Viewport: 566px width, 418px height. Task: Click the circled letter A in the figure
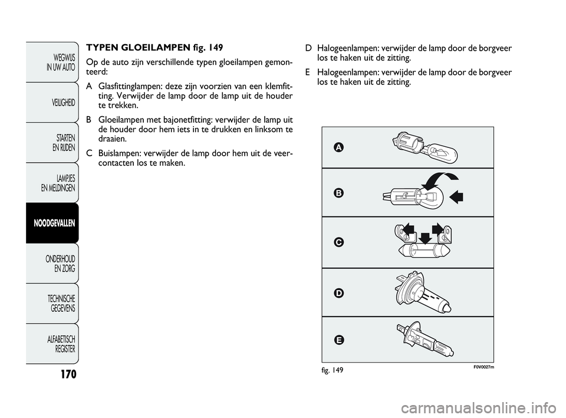tap(338, 147)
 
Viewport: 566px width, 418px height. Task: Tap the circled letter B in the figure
tap(338, 193)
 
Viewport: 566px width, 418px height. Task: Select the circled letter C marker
tap(338, 242)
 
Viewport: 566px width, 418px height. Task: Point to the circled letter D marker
tap(338, 293)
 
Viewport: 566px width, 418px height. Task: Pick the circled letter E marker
tap(338, 340)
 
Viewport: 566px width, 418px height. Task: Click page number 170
tap(68, 374)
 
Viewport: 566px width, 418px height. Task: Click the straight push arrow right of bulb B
tap(456, 197)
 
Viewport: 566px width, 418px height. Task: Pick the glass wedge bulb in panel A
tap(440, 152)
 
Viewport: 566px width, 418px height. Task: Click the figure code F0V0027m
tap(483, 367)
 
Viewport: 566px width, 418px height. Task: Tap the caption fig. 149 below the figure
tap(333, 370)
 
